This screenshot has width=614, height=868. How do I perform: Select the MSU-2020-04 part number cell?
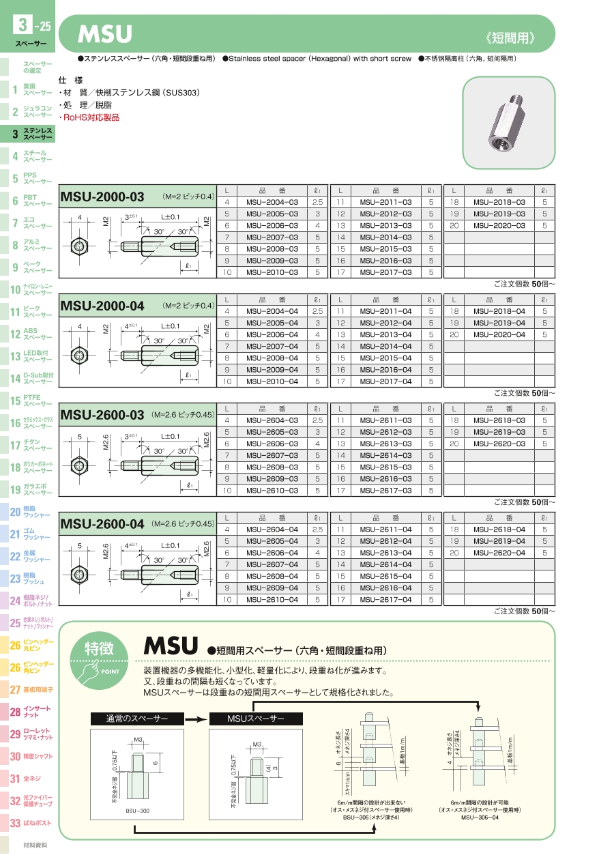click(x=499, y=334)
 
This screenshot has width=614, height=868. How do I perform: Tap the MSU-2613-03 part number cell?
click(x=385, y=444)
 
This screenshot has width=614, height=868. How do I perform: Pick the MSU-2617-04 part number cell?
click(x=385, y=599)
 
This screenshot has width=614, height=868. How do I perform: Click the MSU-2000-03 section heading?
click(x=102, y=197)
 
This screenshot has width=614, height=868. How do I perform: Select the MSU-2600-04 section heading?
click(x=102, y=524)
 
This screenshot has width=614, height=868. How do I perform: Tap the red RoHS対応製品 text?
click(x=89, y=117)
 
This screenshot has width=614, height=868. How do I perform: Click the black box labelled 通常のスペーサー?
click(x=136, y=719)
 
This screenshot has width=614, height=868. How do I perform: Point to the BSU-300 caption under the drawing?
click(x=137, y=810)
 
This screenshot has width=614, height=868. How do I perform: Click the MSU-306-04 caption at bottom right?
click(x=480, y=817)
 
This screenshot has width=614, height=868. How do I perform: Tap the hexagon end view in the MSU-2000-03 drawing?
click(x=80, y=245)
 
